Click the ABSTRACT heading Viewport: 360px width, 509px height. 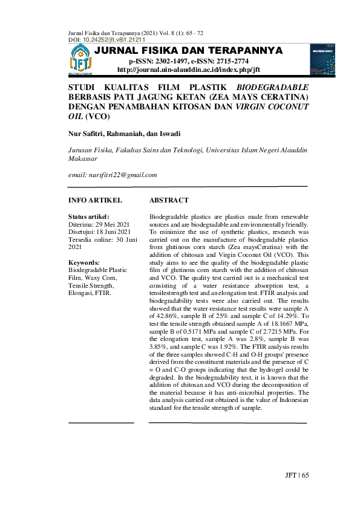coord(168,200)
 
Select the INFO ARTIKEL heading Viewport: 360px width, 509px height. coord(96,200)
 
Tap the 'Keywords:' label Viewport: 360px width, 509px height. coord(84,263)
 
